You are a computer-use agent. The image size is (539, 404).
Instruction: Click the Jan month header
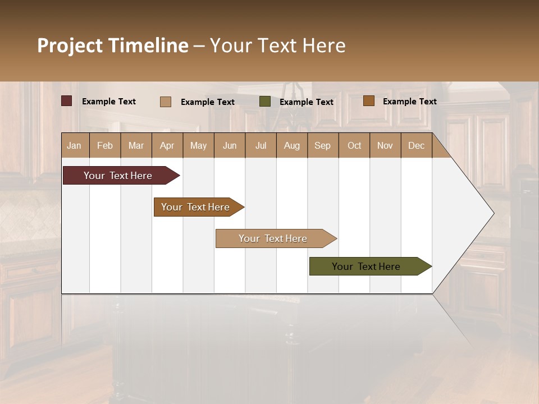(x=74, y=145)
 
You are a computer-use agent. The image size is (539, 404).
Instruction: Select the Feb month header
(x=105, y=145)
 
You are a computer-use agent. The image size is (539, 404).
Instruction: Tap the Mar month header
(x=136, y=145)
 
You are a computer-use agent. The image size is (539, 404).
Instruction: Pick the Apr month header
(x=167, y=145)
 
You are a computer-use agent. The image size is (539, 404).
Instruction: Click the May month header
(x=198, y=145)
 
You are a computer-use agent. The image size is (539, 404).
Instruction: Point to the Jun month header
(x=230, y=145)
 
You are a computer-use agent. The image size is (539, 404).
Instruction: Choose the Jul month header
(x=261, y=145)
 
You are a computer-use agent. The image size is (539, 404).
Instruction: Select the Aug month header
(x=291, y=145)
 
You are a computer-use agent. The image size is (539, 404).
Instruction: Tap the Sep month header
(x=322, y=145)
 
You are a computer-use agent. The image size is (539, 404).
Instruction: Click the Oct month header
(x=354, y=145)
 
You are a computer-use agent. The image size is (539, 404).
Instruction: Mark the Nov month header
(x=385, y=145)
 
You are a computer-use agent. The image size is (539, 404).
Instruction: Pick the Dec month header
(x=416, y=145)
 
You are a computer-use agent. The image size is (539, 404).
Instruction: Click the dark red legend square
(x=67, y=101)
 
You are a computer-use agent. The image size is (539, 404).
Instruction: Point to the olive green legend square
(x=265, y=102)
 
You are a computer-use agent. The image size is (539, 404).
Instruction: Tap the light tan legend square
(x=166, y=102)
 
